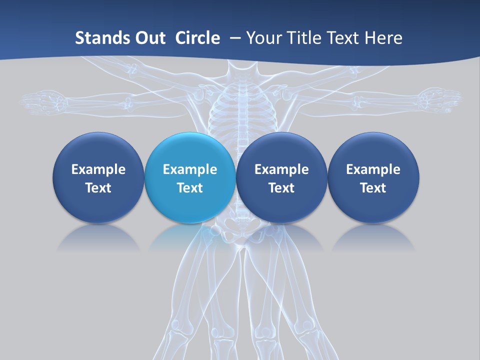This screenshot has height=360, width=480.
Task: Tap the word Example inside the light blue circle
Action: pyautogui.click(x=190, y=169)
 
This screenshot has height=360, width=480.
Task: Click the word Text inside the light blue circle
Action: pyautogui.click(x=190, y=188)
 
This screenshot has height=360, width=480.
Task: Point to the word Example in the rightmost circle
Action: pyautogui.click(x=373, y=169)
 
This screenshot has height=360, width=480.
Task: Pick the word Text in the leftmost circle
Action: pyautogui.click(x=98, y=188)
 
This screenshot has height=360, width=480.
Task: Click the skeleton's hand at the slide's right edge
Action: pyautogui.click(x=439, y=99)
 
